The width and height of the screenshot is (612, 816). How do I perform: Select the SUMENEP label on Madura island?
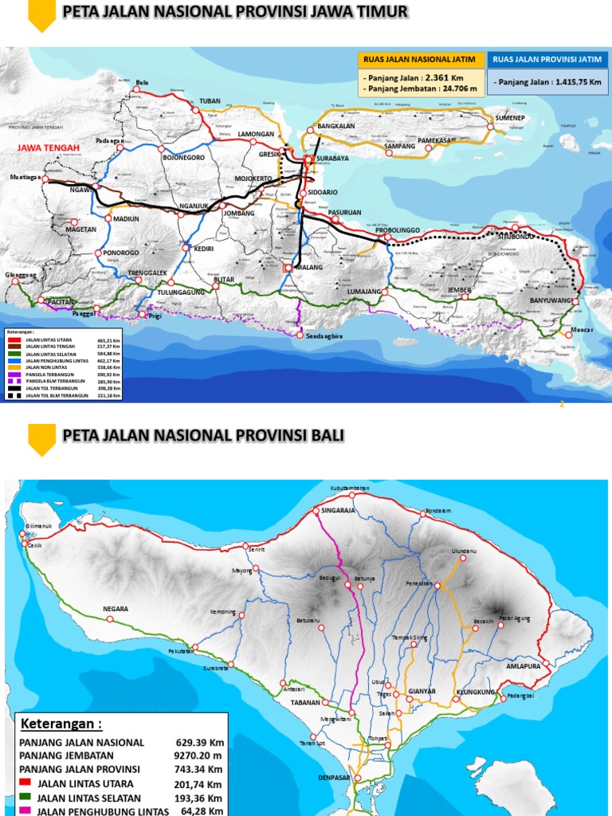[510, 117]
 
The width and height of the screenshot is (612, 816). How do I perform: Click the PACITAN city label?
[60, 302]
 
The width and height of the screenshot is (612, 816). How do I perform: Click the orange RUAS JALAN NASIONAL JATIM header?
[419, 60]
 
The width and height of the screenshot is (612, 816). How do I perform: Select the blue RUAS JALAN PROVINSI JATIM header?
[547, 60]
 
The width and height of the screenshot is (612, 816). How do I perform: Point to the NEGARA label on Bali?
[116, 609]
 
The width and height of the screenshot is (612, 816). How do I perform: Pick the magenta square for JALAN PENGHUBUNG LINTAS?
[25, 810]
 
